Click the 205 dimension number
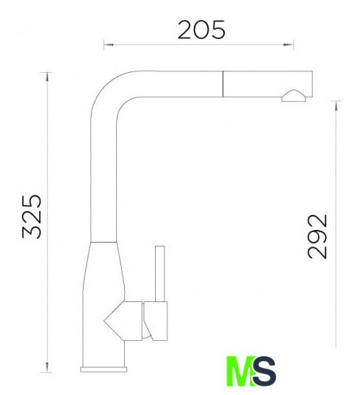point(201,30)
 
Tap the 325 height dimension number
point(32,216)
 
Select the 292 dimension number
point(317,236)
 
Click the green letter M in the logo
point(241,370)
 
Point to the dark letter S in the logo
point(265,370)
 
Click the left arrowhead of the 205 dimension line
point(109,45)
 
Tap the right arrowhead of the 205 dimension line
point(289,45)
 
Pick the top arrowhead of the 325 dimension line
point(47,77)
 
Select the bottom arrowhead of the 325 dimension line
point(47,367)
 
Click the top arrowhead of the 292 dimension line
point(335,105)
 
